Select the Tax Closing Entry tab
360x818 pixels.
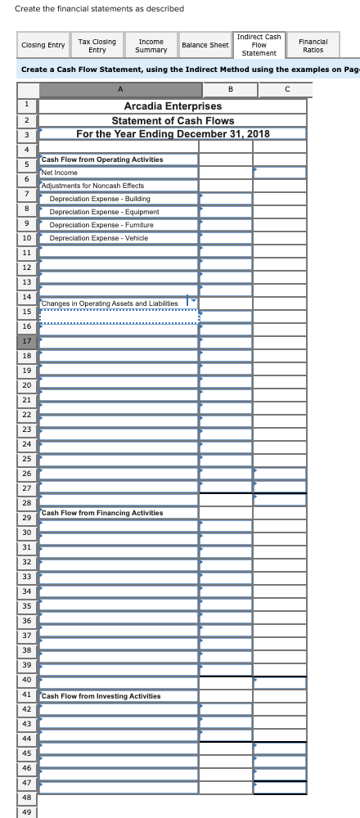pyautogui.click(x=97, y=46)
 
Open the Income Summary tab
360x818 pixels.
pyautogui.click(x=152, y=46)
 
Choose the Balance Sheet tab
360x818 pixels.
pyautogui.click(x=205, y=46)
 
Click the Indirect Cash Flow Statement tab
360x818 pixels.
pyautogui.click(x=259, y=45)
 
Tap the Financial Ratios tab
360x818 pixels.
pyautogui.click(x=312, y=46)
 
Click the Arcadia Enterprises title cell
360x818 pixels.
pyautogui.click(x=173, y=106)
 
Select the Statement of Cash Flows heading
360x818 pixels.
pyautogui.click(x=173, y=120)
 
